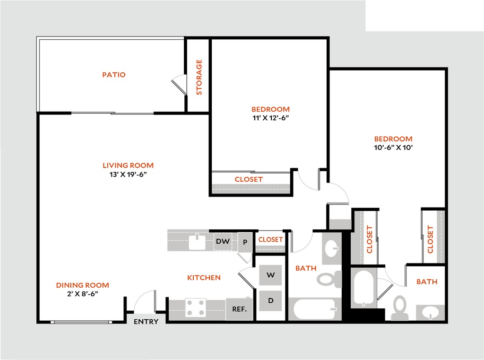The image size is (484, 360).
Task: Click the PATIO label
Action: pyautogui.click(x=114, y=75)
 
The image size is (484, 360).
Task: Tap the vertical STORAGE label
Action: pyautogui.click(x=199, y=78)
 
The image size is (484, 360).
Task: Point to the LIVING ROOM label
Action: pyautogui.click(x=128, y=166)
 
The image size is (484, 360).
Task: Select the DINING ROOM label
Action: pyautogui.click(x=83, y=286)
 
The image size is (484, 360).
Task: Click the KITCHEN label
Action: pyautogui.click(x=204, y=278)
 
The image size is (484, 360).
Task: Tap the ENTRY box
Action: pyautogui.click(x=146, y=321)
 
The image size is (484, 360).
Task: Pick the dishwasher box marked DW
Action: pyautogui.click(x=223, y=241)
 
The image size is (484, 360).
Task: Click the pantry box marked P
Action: pyautogui.click(x=245, y=242)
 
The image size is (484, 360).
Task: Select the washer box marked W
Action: pyautogui.click(x=270, y=275)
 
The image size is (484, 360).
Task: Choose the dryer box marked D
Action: pyautogui.click(x=270, y=301)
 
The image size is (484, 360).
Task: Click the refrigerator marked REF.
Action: pyautogui.click(x=239, y=309)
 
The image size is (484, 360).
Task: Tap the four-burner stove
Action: pyautogui.click(x=196, y=307)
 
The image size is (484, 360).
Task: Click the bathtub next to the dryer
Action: pyautogui.click(x=315, y=309)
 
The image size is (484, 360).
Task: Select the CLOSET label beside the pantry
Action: pyautogui.click(x=270, y=239)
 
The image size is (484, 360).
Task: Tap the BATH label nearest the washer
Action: pyautogui.click(x=306, y=269)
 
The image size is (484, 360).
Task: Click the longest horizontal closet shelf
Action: pyautogui.click(x=251, y=188)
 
